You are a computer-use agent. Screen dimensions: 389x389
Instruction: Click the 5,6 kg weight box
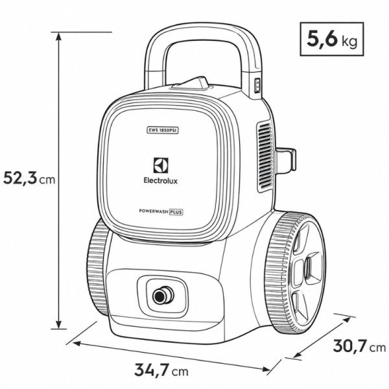pos(332,39)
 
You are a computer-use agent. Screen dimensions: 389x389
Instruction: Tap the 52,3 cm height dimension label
pos(29,178)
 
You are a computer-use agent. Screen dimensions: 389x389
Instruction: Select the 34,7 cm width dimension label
pos(161,370)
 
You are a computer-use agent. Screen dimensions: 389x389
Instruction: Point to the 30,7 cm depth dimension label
pos(359,346)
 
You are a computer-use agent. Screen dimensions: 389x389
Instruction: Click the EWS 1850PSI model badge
pos(161,130)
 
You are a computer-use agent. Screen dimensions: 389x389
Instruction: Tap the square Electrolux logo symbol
pos(161,165)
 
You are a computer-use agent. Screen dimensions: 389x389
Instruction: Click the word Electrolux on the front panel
pos(161,181)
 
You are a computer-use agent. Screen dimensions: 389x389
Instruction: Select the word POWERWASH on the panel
pos(154,211)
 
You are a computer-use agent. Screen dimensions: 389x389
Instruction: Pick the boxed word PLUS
pos(176,212)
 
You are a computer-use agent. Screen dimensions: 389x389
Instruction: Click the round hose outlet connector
pos(163,295)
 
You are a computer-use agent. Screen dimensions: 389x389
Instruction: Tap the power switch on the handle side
pos(258,86)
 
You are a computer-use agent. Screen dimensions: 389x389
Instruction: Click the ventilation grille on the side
pos(265,156)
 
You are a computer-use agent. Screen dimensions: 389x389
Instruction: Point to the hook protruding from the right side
pos(286,159)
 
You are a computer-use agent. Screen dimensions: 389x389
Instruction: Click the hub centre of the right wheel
pos(307,268)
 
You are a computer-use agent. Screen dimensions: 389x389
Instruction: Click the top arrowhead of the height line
pos(58,36)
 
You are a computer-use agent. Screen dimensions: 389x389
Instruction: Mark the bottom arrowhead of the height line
pos(59,325)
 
